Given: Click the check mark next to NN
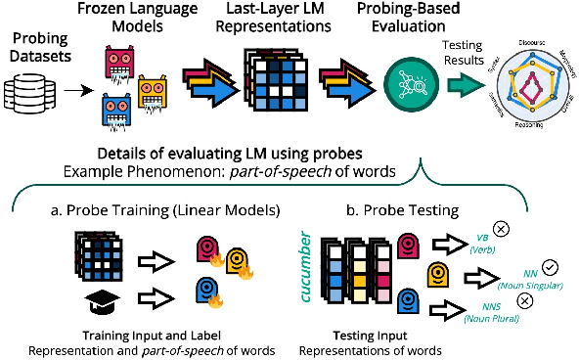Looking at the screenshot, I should (550, 266).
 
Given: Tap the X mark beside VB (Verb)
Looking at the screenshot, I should (502, 229).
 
